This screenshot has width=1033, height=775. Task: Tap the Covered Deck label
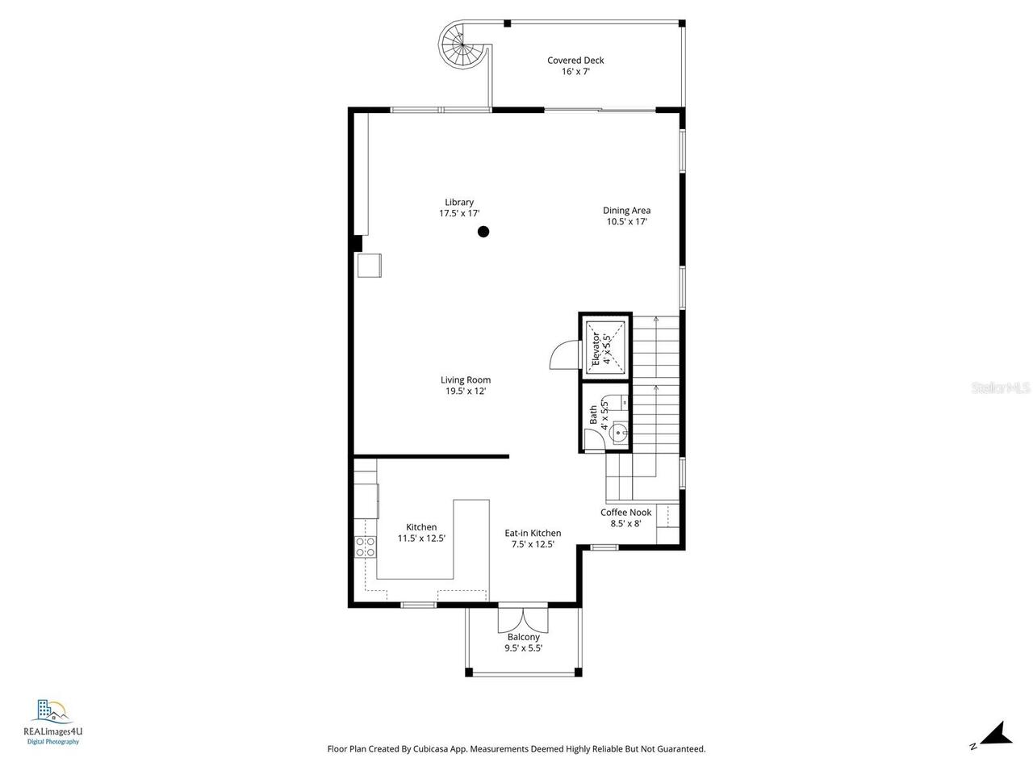tap(575, 65)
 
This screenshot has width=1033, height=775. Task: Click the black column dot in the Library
tap(483, 232)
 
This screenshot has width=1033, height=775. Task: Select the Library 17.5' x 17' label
tap(459, 207)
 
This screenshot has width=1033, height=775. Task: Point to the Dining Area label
tap(626, 216)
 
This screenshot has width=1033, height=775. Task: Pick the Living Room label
tap(466, 385)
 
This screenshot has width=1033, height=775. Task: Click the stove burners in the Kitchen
tap(366, 547)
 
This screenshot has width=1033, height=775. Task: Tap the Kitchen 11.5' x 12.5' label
tap(421, 533)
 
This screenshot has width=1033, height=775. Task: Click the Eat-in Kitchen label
tap(533, 538)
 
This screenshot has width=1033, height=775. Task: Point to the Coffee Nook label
tap(625, 517)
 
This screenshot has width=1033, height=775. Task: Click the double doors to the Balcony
tap(523, 619)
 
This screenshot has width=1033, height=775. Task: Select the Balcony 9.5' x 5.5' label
tap(523, 643)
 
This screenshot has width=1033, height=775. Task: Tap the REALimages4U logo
tap(53, 722)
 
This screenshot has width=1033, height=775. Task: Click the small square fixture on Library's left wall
tap(370, 266)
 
